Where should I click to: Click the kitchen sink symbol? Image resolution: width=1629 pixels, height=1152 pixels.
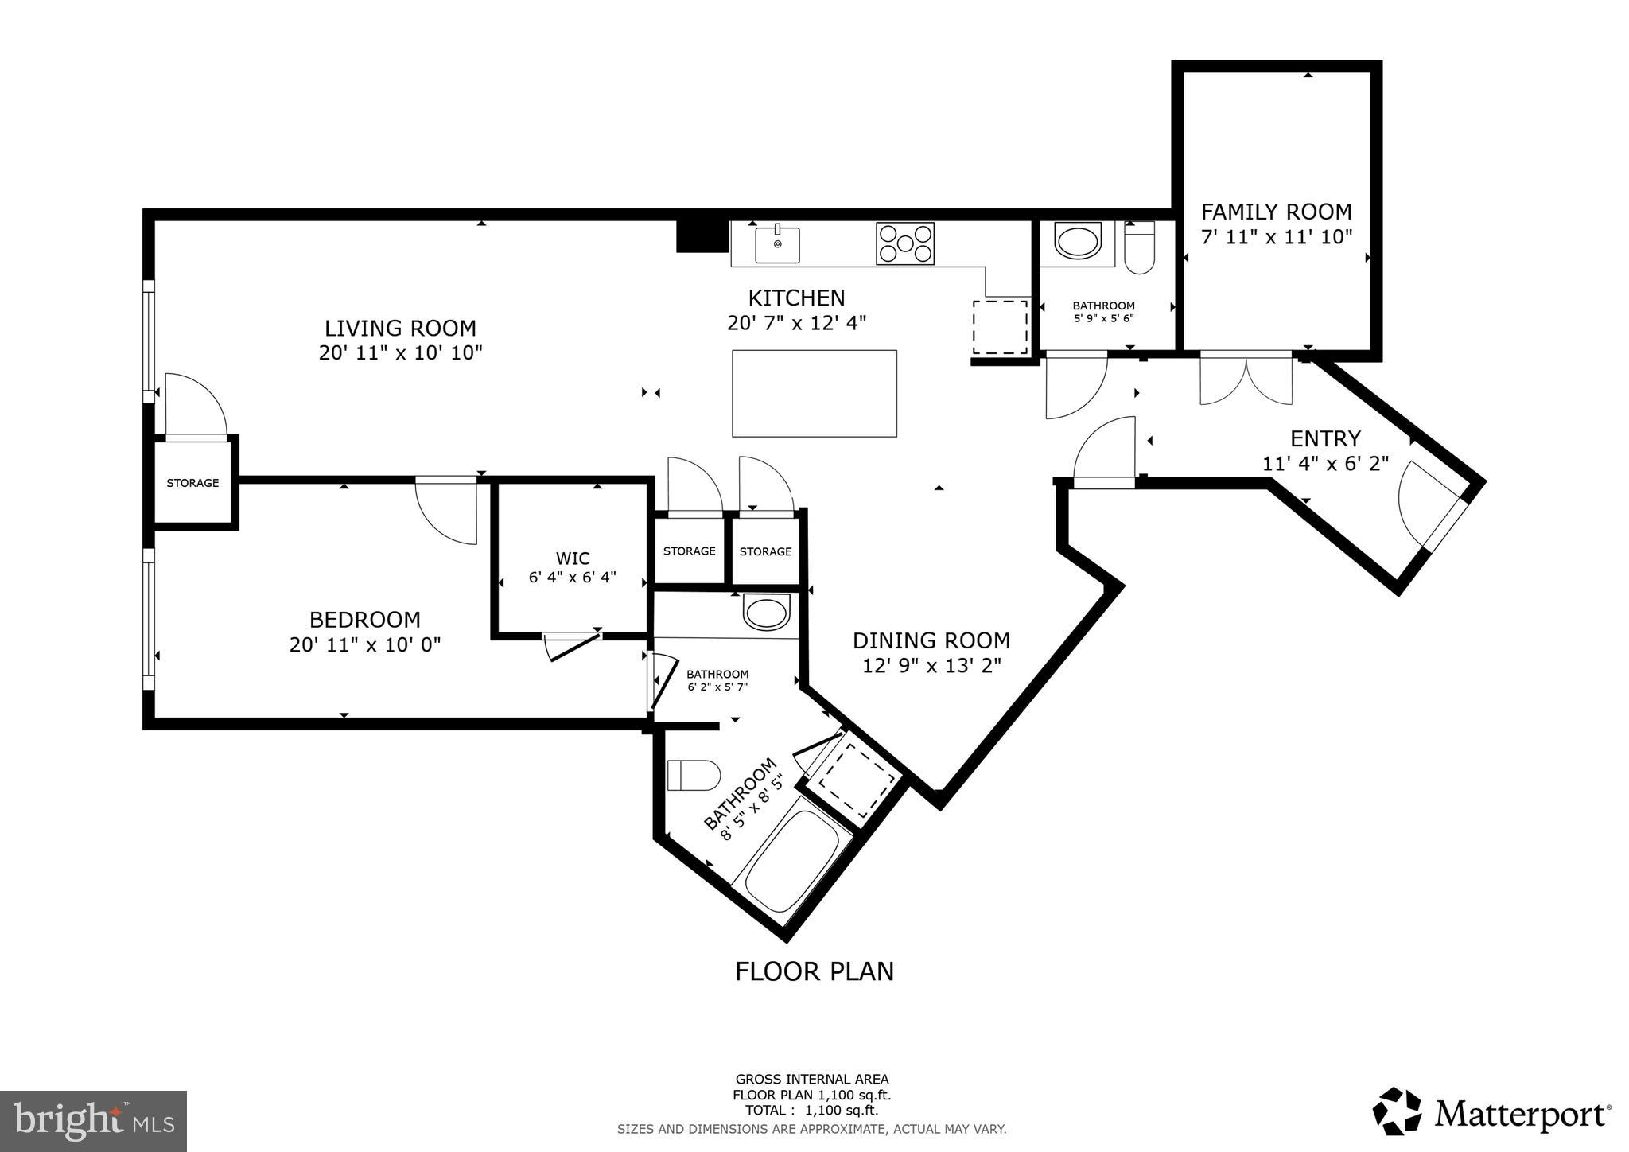pos(777,243)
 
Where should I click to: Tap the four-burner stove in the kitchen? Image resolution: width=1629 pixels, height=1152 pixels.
pos(905,243)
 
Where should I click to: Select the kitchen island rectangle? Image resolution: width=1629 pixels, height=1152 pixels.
pos(814,393)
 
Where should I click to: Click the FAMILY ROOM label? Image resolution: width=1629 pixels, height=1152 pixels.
pos(1276,212)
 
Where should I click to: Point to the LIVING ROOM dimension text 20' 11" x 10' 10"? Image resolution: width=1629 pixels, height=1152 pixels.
pos(401,352)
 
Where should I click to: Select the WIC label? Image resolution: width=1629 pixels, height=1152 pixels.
pos(573,558)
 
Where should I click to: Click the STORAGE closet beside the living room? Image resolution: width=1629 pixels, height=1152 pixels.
pos(192,483)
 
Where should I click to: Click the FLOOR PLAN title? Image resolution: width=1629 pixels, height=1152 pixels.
pos(814,971)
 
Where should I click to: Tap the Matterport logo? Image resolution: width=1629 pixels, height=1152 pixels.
pos(1492,1111)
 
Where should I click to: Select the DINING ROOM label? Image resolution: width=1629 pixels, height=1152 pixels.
pos(931,640)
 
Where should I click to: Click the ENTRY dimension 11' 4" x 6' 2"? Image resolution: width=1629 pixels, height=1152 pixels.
pos(1325,463)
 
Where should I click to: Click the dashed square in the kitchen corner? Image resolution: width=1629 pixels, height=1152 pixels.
pos(1000,327)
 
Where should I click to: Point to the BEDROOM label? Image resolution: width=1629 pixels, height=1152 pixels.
pos(364,619)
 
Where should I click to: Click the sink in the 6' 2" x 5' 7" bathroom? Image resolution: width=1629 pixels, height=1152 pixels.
pos(766,613)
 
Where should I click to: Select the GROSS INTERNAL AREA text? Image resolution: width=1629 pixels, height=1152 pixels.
pos(811,1080)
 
